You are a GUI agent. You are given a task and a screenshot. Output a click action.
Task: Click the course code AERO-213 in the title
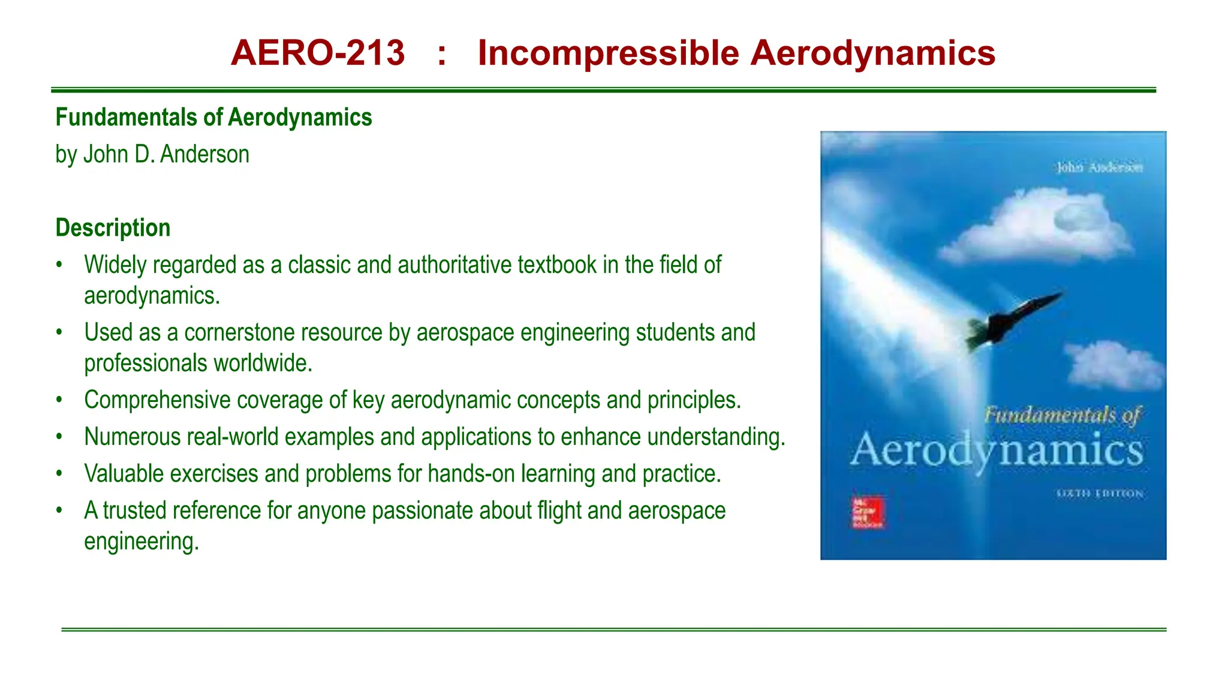(x=318, y=53)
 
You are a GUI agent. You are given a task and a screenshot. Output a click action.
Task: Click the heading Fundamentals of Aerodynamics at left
(x=213, y=117)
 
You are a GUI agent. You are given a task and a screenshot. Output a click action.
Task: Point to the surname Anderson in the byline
(x=204, y=154)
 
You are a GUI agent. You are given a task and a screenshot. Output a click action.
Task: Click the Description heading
(x=113, y=228)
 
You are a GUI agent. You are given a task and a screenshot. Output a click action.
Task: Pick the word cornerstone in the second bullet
(x=283, y=332)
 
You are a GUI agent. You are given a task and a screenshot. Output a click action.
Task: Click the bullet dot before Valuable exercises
(x=59, y=474)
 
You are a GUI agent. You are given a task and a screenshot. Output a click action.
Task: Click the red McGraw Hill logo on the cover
(x=867, y=512)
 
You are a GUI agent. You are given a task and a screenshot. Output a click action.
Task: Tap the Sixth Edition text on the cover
(x=1100, y=494)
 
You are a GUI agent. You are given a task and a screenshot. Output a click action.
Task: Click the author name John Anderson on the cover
(x=1099, y=167)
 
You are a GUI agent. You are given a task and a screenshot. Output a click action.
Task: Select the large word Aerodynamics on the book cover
(x=996, y=450)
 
